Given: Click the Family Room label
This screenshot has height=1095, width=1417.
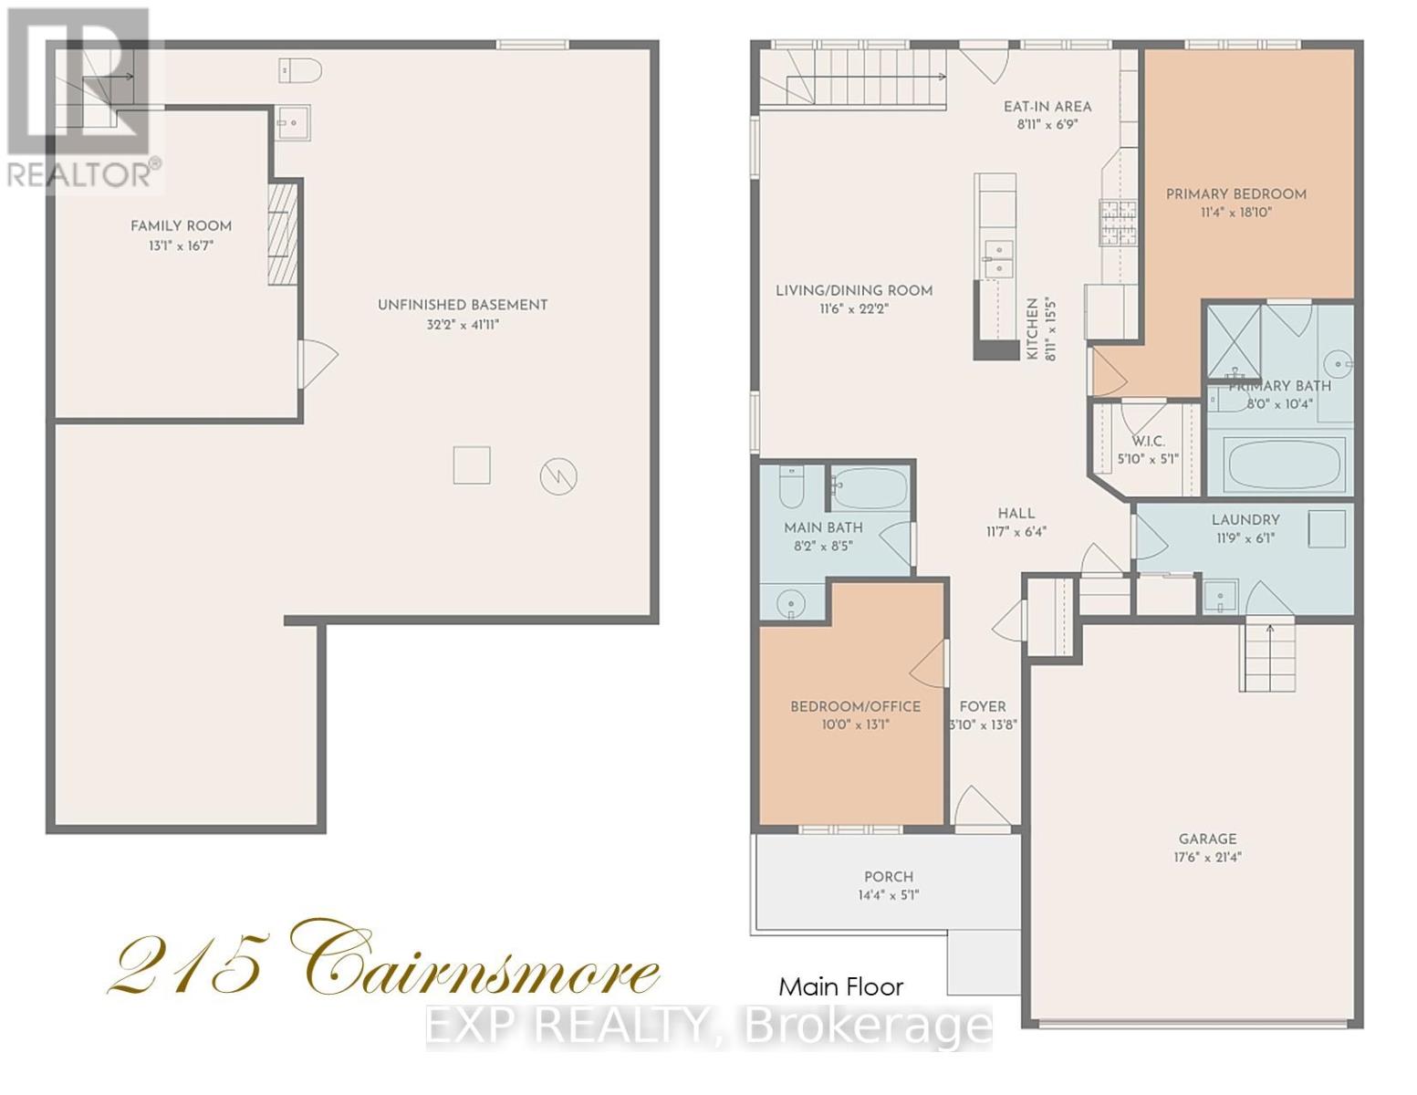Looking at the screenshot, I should [181, 225].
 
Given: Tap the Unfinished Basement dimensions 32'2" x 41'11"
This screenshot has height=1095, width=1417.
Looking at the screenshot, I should [463, 325].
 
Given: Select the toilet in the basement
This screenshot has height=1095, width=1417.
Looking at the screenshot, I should [300, 69].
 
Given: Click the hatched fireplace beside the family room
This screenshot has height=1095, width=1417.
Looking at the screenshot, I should [283, 235].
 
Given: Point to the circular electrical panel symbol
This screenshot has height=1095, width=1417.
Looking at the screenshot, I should [558, 475].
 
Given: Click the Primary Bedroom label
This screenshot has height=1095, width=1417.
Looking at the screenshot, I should [1235, 193].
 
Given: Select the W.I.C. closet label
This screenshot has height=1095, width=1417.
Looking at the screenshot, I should [1147, 441].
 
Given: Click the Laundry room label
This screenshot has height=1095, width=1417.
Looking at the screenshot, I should [1245, 519].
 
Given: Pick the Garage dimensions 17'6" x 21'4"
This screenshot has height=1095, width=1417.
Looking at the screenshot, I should [1207, 857].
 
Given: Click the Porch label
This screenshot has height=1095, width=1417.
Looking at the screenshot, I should [888, 876].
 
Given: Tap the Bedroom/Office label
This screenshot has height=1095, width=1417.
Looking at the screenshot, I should [855, 706].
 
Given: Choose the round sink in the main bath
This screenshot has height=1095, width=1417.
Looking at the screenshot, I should [790, 602].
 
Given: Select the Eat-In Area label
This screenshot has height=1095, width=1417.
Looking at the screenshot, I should [1047, 106].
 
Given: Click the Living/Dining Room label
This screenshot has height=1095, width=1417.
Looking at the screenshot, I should [854, 290].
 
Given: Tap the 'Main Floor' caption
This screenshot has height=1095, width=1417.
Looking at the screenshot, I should [840, 986].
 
